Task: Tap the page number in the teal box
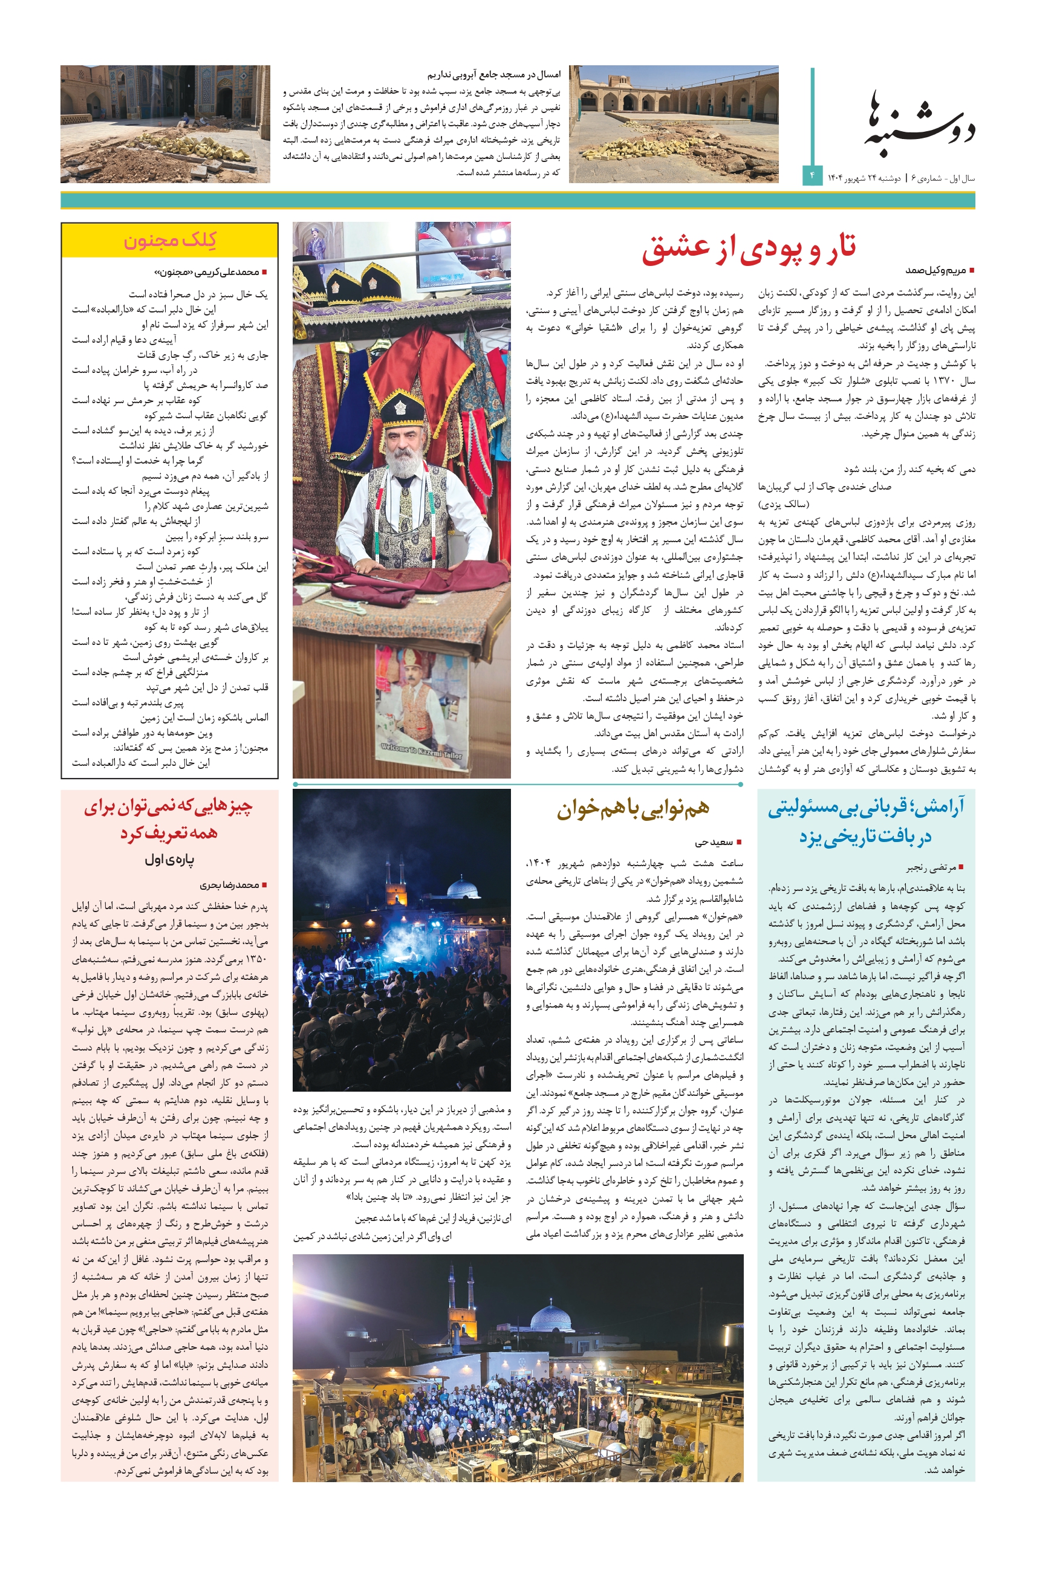point(812,175)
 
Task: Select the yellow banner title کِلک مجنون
point(169,240)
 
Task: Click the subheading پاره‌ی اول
point(169,860)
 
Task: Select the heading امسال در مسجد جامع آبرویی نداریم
point(493,74)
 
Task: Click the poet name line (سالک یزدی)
point(784,504)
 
